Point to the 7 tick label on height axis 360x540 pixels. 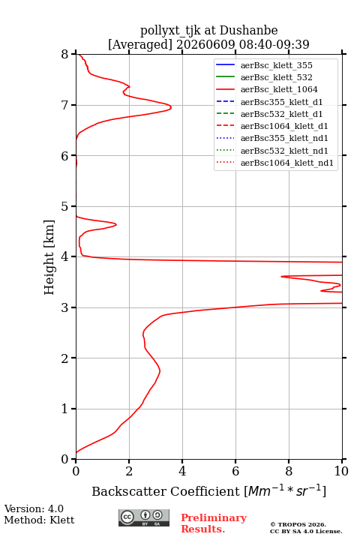click(x=65, y=105)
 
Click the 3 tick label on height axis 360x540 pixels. click(x=65, y=307)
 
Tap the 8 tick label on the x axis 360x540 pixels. click(x=289, y=471)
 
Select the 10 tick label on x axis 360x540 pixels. click(x=342, y=471)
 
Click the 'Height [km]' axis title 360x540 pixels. click(x=49, y=257)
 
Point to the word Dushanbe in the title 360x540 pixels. click(x=248, y=31)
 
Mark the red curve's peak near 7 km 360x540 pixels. click(x=171, y=107)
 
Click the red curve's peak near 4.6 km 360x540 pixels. click(x=116, y=224)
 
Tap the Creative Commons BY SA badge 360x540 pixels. click(x=144, y=517)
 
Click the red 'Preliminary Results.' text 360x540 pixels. click(x=214, y=523)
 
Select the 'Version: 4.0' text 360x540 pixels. click(x=34, y=509)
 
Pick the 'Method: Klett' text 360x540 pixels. click(x=39, y=520)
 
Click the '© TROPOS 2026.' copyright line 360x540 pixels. click(x=298, y=524)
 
